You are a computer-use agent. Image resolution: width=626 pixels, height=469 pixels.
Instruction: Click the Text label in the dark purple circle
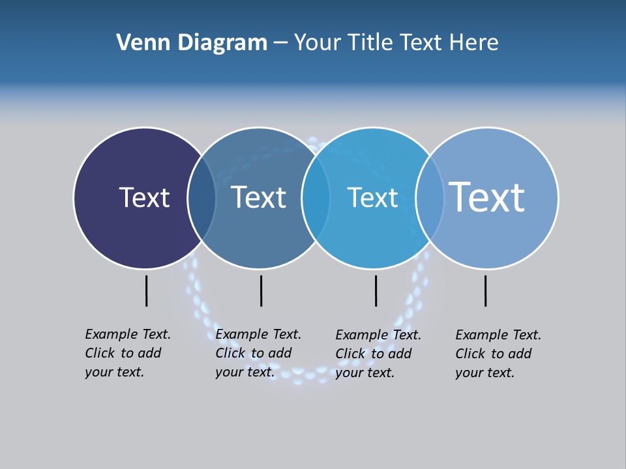pos(144,197)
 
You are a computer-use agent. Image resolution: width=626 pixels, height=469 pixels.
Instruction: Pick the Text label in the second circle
pos(258,197)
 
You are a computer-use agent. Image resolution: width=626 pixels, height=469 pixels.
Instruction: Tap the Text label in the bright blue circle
pos(372,197)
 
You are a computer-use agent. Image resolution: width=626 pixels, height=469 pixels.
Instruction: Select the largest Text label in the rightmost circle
pos(486,197)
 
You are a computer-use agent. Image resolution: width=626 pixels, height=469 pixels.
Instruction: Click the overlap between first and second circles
pos(201,198)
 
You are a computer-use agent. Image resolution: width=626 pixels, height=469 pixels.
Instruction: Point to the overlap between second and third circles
pos(316,198)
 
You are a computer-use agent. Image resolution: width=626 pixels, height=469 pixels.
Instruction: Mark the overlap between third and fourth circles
pos(430,198)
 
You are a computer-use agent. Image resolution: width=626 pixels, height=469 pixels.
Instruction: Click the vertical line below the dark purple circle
pos(147,291)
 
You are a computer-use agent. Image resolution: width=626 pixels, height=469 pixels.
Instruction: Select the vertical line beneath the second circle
pos(261,291)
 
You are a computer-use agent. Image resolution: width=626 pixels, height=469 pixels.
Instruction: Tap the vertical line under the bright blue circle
pos(376,291)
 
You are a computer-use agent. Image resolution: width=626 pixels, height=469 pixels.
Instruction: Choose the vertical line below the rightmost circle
pos(485,291)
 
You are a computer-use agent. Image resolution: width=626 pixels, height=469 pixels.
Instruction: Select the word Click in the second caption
pos(230,353)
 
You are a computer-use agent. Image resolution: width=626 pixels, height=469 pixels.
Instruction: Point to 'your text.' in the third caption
pos(365,373)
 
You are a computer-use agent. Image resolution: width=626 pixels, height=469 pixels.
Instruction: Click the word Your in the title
pos(318,43)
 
